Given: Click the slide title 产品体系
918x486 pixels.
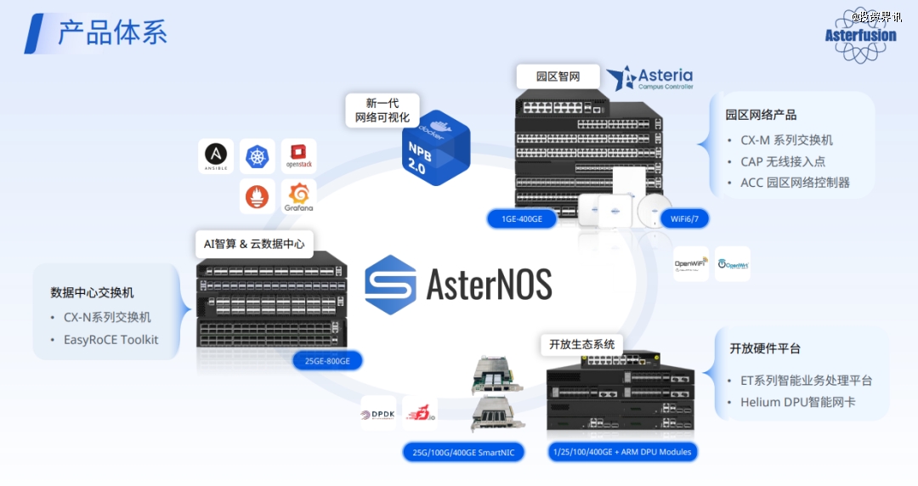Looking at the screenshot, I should [x=112, y=33].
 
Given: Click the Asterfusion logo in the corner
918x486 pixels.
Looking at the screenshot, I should [x=860, y=35].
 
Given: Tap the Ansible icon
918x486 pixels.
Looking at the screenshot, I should [x=216, y=155].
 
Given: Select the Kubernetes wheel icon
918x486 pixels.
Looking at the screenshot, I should [x=257, y=156].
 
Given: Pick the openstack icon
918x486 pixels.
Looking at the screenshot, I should [x=298, y=156].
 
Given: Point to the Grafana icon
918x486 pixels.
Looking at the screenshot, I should [x=298, y=196].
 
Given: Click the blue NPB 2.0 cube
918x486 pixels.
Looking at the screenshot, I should [x=434, y=148].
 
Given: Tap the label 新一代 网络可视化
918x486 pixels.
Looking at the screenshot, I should [x=382, y=110].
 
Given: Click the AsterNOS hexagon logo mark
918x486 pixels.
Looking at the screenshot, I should [x=391, y=285].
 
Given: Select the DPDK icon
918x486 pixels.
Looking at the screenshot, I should [x=378, y=414].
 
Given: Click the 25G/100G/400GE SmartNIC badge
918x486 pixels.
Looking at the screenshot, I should [x=463, y=452].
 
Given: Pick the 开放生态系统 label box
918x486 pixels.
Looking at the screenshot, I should [x=581, y=344].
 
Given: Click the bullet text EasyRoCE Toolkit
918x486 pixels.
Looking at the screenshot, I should [x=110, y=340].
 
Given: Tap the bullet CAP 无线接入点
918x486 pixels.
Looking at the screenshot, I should [x=783, y=161].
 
